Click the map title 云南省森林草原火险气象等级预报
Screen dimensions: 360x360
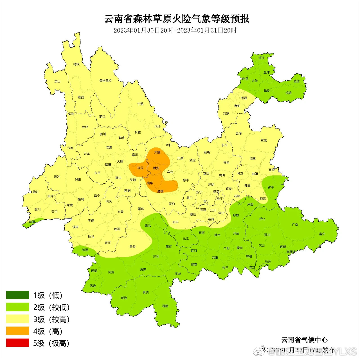coord(177,19)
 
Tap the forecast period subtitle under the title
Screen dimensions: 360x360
coord(175,30)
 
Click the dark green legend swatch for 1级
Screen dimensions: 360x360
coord(18,295)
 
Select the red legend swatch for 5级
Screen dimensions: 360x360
coord(18,343)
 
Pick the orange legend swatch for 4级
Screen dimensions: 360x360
coord(18,331)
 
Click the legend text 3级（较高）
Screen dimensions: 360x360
coord(51,319)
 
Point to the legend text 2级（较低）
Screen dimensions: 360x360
coord(51,307)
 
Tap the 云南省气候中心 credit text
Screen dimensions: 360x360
coord(304,340)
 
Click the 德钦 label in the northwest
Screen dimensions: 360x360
coord(76,64)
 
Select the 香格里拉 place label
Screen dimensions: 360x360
coord(105,81)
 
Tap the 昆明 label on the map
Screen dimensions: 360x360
coord(211,185)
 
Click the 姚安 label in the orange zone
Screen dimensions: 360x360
coord(156,168)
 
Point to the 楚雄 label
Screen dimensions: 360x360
coord(160,191)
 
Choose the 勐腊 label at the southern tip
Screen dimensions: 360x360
coord(165,306)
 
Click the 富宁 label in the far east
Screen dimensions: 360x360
coord(322,234)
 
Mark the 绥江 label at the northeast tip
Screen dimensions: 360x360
coord(262,58)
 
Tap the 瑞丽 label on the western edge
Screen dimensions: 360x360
coord(32,222)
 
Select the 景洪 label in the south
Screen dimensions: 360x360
coord(145,292)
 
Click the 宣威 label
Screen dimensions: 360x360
coord(264,140)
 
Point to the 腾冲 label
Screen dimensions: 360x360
coord(57,177)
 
